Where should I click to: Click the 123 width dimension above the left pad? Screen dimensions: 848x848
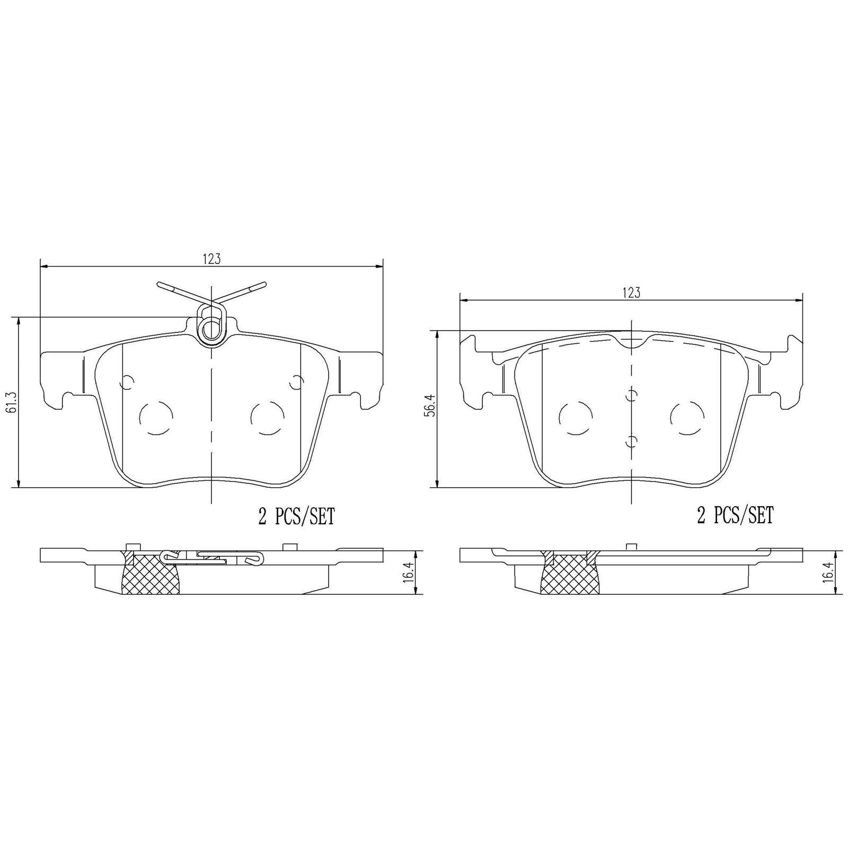211,259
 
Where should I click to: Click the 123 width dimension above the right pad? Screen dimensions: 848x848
631,293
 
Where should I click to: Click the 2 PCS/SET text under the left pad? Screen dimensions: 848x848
296,516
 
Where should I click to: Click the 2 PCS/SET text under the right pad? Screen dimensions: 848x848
735,515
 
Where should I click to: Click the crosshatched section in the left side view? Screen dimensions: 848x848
150,574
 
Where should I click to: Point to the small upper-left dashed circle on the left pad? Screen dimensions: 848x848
128,382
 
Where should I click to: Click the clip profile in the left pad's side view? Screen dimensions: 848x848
212,556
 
